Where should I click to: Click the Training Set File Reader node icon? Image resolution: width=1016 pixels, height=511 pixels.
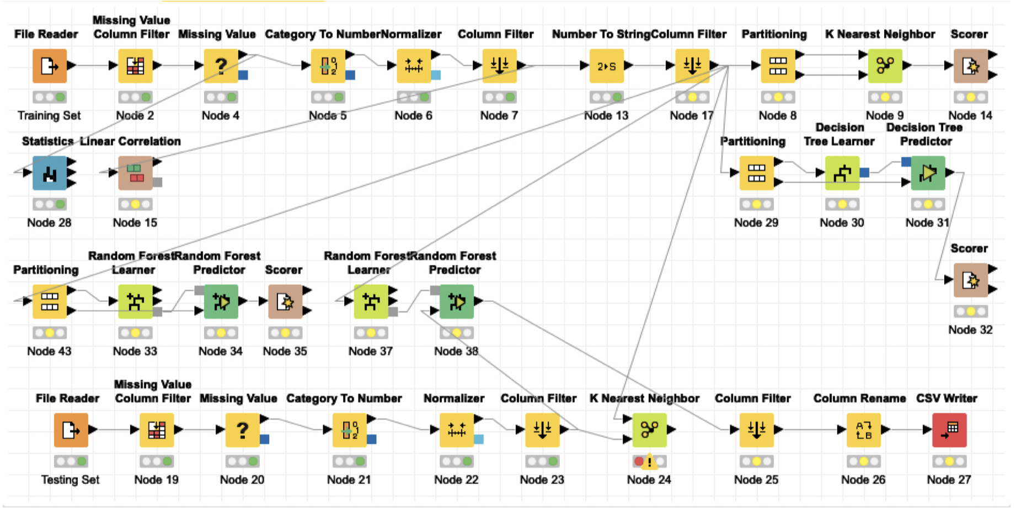(x=49, y=66)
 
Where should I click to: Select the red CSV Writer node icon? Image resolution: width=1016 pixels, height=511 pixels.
(x=949, y=430)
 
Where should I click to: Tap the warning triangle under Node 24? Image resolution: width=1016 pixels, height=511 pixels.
(x=649, y=461)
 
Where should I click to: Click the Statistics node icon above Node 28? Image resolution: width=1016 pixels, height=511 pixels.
(x=49, y=173)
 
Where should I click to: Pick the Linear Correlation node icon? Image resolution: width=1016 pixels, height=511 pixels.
(x=135, y=173)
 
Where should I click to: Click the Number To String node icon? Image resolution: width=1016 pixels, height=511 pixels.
(x=606, y=66)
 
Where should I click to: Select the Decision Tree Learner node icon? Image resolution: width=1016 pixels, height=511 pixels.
(x=842, y=173)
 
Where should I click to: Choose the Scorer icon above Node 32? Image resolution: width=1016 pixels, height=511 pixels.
(x=970, y=280)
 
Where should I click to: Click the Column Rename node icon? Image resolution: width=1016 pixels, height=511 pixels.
(x=863, y=430)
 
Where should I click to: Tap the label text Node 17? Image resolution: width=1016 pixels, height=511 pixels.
(x=691, y=115)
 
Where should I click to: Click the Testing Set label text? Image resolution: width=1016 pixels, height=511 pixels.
(x=70, y=480)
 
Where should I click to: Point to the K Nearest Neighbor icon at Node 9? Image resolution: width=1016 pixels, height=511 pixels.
(x=885, y=66)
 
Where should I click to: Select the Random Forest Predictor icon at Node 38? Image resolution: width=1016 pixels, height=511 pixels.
(x=456, y=302)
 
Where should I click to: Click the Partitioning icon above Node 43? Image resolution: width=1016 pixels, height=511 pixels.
(x=49, y=302)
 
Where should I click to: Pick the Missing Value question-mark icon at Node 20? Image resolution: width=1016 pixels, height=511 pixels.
(x=242, y=430)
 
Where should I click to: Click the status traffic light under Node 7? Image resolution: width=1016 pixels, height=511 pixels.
(x=499, y=97)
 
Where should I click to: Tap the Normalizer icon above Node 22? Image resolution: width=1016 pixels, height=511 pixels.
(x=456, y=430)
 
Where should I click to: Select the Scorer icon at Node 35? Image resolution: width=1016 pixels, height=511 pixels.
(x=285, y=302)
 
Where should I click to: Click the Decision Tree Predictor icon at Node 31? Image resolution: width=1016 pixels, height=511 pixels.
(x=928, y=173)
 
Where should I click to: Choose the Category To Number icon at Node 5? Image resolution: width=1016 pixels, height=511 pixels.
(x=328, y=66)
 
